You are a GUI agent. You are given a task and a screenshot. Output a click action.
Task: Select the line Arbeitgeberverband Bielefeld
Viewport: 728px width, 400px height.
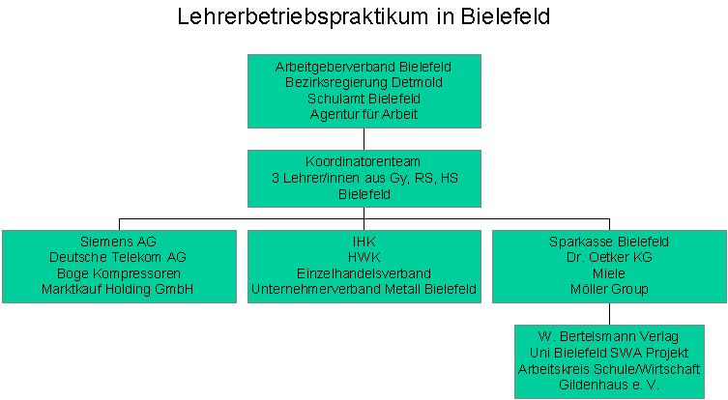pyautogui.click(x=364, y=67)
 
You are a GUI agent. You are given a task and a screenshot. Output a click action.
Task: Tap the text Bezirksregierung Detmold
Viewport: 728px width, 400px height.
pyautogui.click(x=364, y=82)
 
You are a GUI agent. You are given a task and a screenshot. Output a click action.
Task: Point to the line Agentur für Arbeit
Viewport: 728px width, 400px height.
pyautogui.click(x=364, y=114)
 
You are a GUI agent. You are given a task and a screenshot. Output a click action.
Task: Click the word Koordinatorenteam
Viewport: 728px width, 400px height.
pyautogui.click(x=364, y=162)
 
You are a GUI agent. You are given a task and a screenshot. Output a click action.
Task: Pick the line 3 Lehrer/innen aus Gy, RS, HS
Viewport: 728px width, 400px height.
pyautogui.click(x=364, y=178)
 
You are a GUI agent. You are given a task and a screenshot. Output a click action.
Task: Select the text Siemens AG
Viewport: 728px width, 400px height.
pyautogui.click(x=118, y=242)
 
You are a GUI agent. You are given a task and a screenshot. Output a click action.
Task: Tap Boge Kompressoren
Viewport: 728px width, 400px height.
pyautogui.click(x=119, y=273)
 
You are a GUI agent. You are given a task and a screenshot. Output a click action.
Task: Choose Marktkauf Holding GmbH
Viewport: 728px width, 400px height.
pyautogui.click(x=117, y=289)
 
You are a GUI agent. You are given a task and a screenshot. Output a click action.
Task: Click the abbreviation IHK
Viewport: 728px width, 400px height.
pyautogui.click(x=364, y=242)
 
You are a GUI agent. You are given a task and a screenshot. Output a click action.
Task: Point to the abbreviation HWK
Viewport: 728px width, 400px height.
pyautogui.click(x=364, y=257)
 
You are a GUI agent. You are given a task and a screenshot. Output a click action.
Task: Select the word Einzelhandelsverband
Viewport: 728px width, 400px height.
pyautogui.click(x=364, y=273)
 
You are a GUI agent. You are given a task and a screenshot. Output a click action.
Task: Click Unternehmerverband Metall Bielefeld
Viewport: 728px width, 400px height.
pyautogui.click(x=364, y=289)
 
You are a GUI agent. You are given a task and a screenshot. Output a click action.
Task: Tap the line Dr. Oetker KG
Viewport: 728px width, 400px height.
pyautogui.click(x=609, y=257)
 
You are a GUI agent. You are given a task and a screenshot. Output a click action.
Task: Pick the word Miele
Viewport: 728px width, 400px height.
pyautogui.click(x=609, y=273)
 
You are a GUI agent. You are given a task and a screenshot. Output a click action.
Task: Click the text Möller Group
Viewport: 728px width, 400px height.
pyautogui.click(x=609, y=289)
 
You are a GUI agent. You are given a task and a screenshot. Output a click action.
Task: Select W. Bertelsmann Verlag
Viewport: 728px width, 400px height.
pyautogui.click(x=608, y=336)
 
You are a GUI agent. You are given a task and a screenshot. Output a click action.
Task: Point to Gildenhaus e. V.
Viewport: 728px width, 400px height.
pyautogui.click(x=609, y=385)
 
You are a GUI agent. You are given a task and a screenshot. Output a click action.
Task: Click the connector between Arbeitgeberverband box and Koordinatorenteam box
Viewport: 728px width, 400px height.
pyautogui.click(x=364, y=139)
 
